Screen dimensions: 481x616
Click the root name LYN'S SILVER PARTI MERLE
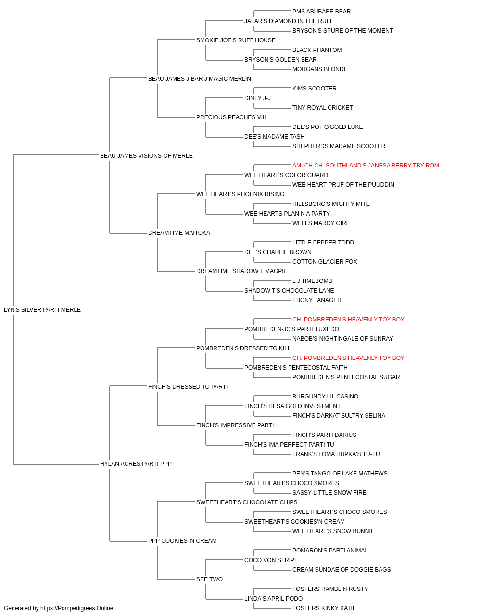(x=42, y=310)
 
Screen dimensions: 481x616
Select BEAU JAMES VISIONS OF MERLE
(x=146, y=155)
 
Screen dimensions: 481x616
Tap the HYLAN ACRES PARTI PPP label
(x=136, y=464)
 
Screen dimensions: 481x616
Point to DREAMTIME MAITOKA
(x=179, y=233)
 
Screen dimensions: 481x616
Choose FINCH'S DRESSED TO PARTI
(x=188, y=386)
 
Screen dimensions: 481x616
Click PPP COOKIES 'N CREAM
(x=182, y=541)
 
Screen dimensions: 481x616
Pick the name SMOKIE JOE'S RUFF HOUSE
(x=236, y=40)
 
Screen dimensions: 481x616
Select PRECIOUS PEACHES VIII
(x=231, y=117)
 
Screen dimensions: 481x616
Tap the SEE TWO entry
(x=209, y=579)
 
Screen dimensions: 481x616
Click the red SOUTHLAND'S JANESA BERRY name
(x=366, y=165)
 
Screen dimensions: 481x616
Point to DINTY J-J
(x=257, y=98)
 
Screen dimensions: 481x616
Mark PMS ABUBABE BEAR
(x=321, y=12)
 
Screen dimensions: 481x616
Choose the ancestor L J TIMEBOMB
(x=312, y=281)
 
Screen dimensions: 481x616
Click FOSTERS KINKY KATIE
(x=324, y=608)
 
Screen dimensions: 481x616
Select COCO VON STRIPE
(x=271, y=560)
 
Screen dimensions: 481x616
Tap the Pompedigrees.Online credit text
(x=58, y=608)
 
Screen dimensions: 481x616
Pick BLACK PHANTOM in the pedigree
(x=317, y=50)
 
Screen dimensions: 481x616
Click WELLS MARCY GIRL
(x=321, y=223)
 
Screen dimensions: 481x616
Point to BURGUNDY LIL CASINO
(x=325, y=396)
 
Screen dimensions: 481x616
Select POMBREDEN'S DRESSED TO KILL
(x=243, y=348)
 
